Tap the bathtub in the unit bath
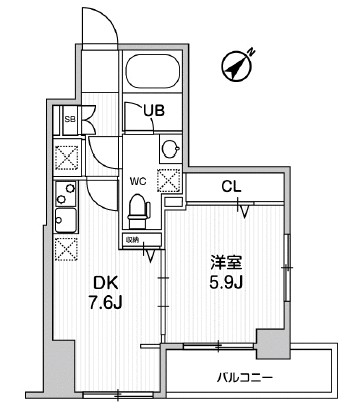pyautogui.click(x=151, y=75)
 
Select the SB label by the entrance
pyautogui.click(x=70, y=120)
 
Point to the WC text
pyautogui.click(x=138, y=181)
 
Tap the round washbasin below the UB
pyautogui.click(x=169, y=150)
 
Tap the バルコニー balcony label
pyautogui.click(x=246, y=378)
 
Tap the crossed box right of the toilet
pyautogui.click(x=168, y=181)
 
